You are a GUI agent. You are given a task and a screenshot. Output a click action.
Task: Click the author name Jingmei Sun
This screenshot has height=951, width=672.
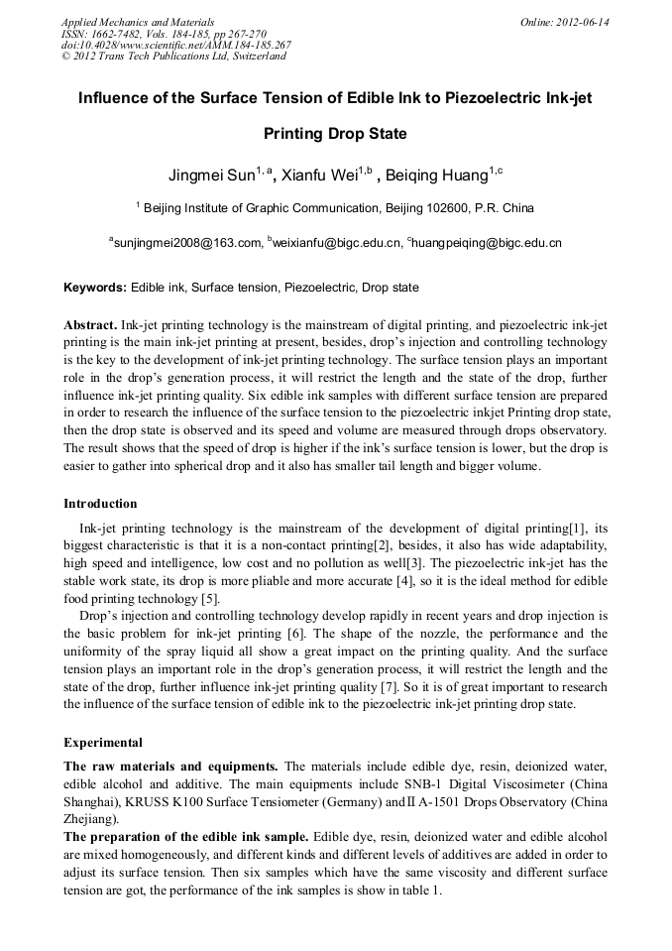pos(211,177)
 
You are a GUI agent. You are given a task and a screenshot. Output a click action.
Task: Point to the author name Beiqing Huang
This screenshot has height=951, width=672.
pos(435,177)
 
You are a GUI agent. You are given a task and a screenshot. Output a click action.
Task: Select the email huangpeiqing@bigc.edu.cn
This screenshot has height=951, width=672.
pos(487,242)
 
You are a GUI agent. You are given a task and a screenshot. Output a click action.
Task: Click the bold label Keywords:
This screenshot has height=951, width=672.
pos(95,288)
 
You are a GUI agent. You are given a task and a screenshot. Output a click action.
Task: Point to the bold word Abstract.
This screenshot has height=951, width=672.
pos(91,325)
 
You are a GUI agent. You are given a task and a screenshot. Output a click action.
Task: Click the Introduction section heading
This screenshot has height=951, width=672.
pos(100,504)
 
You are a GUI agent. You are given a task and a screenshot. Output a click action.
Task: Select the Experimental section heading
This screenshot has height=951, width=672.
pos(103,742)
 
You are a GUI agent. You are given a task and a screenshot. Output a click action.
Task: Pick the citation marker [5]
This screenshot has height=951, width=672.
pos(209,599)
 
